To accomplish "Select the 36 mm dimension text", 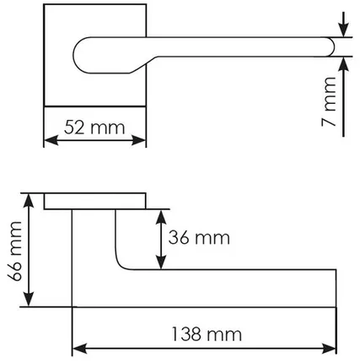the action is (199, 239).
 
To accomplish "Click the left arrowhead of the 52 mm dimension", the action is (49, 142).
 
